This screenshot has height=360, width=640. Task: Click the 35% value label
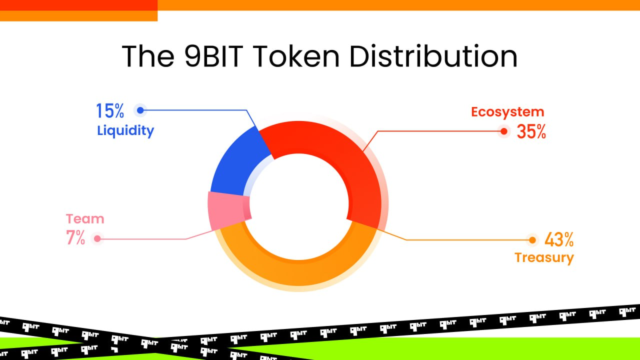[531, 131]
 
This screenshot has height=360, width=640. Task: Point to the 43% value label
[558, 240]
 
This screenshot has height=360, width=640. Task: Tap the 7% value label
[75, 238]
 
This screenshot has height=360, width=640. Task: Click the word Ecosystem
[507, 111]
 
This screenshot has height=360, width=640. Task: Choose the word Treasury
[544, 258]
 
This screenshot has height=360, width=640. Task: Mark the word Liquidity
[125, 131]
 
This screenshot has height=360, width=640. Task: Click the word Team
[85, 219]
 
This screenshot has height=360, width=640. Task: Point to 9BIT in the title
[209, 56]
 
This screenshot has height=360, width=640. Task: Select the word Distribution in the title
[433, 56]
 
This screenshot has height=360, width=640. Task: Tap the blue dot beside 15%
[140, 110]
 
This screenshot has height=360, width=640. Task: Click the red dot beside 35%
[504, 131]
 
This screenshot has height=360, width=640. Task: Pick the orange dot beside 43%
[532, 240]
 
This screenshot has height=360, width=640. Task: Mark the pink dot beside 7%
[97, 239]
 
